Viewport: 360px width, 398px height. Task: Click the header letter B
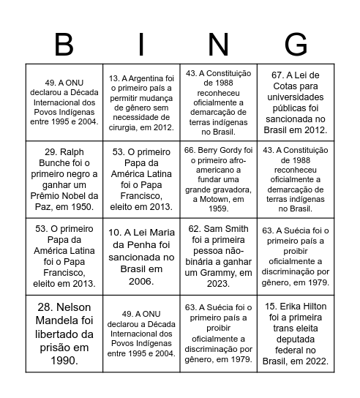64,45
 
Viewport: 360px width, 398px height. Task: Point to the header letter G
296,45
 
